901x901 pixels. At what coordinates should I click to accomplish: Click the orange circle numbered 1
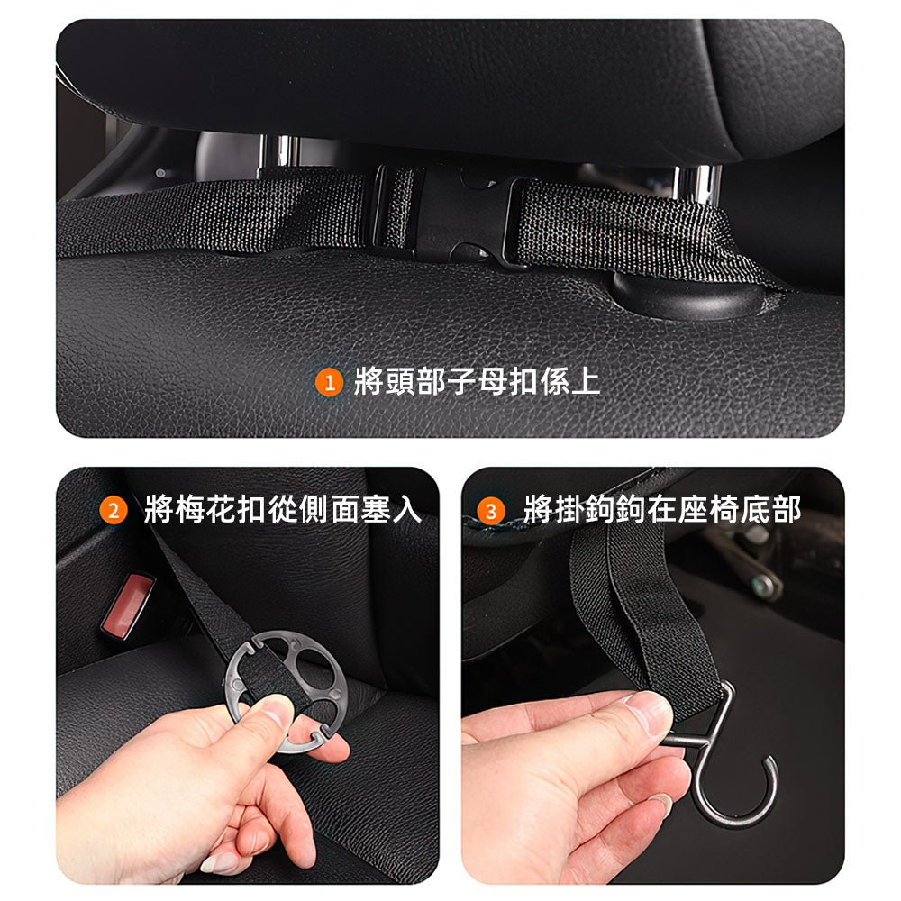point(329,383)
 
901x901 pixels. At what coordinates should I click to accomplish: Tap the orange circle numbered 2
point(114,510)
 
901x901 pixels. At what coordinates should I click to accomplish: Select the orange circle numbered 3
point(491,511)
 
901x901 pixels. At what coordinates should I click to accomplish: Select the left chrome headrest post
point(278,152)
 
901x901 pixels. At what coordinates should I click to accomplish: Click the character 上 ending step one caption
point(585,381)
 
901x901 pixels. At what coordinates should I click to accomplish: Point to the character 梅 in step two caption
point(190,509)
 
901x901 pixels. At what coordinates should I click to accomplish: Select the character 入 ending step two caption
point(407,509)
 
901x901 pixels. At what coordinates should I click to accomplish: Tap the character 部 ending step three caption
point(787,509)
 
